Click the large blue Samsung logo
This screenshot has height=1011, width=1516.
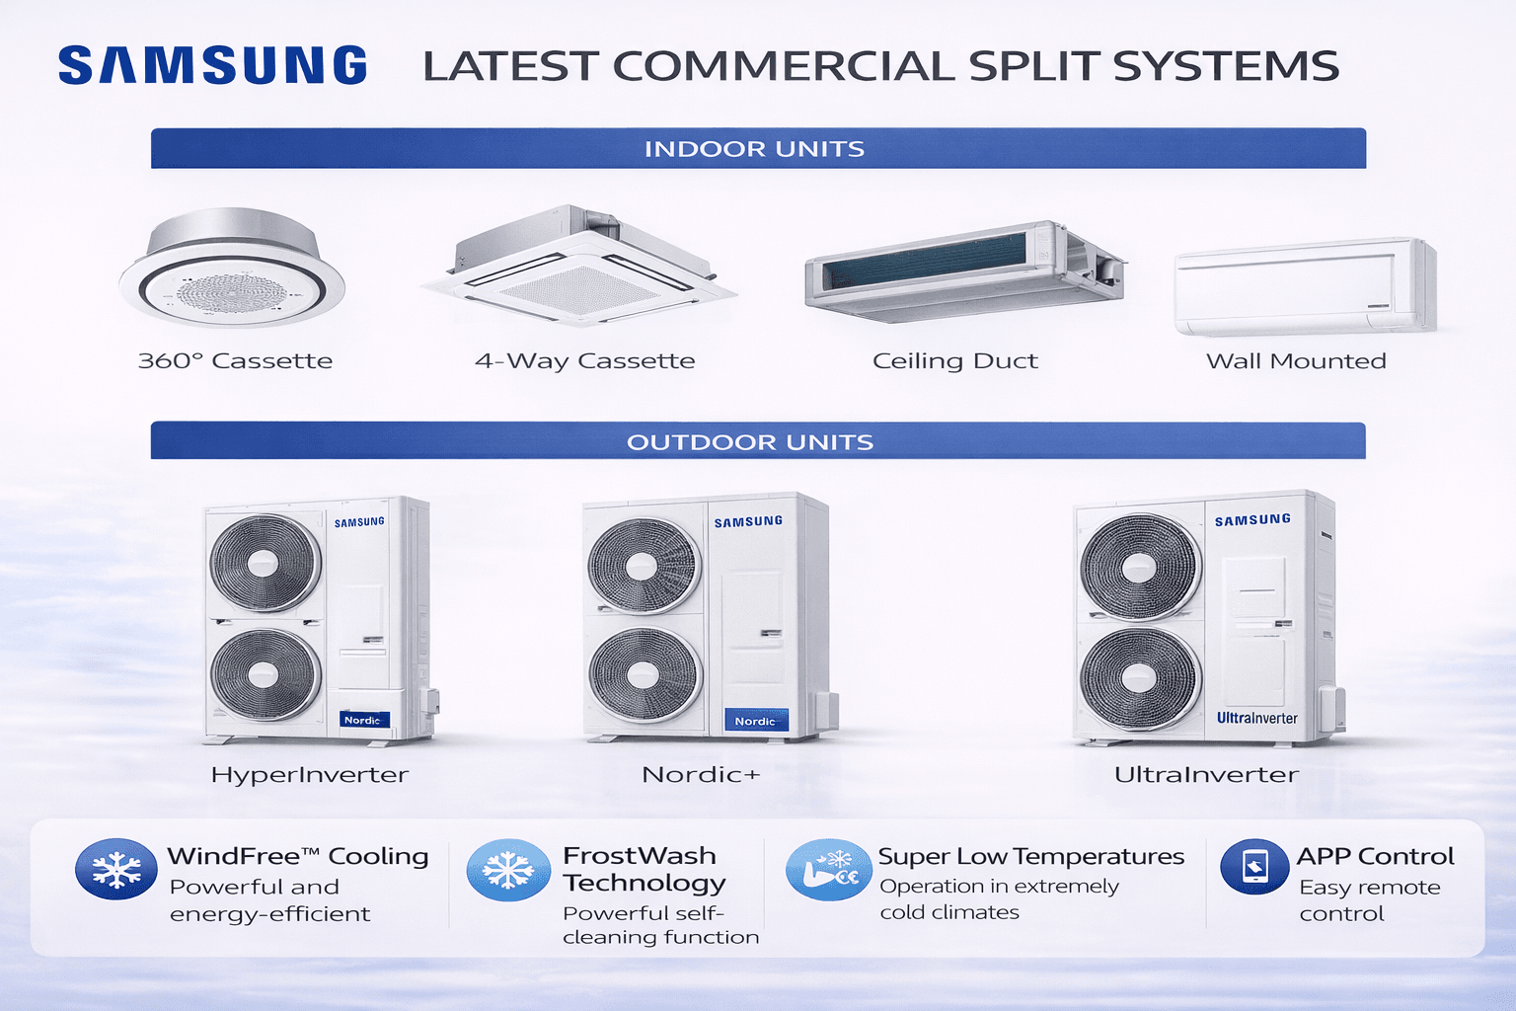pos(212,65)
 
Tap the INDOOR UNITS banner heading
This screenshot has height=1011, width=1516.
pos(754,149)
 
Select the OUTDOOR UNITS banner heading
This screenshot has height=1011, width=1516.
pos(750,441)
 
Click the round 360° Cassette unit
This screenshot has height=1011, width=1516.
pos(232,270)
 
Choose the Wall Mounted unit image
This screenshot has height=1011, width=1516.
pos(1304,286)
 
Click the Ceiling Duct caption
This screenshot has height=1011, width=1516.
pos(954,361)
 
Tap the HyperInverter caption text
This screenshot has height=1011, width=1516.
pos(309,775)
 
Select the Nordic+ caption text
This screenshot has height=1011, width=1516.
pos(701,775)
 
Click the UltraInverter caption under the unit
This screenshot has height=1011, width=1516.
pos(1206,775)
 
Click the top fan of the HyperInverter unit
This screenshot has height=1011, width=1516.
pos(265,564)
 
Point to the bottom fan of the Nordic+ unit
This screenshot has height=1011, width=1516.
pos(644,675)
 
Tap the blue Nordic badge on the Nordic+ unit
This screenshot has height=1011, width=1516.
pos(755,721)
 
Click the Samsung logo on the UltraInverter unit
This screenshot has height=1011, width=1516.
pos(1252,519)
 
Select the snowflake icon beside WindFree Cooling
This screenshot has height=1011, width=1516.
pos(116,870)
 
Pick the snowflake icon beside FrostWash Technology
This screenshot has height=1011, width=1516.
pos(508,870)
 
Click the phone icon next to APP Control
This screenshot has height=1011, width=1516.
pos(1254,867)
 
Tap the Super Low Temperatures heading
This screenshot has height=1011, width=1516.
pos(1030,856)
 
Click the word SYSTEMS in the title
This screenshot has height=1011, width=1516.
pos(1226,66)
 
